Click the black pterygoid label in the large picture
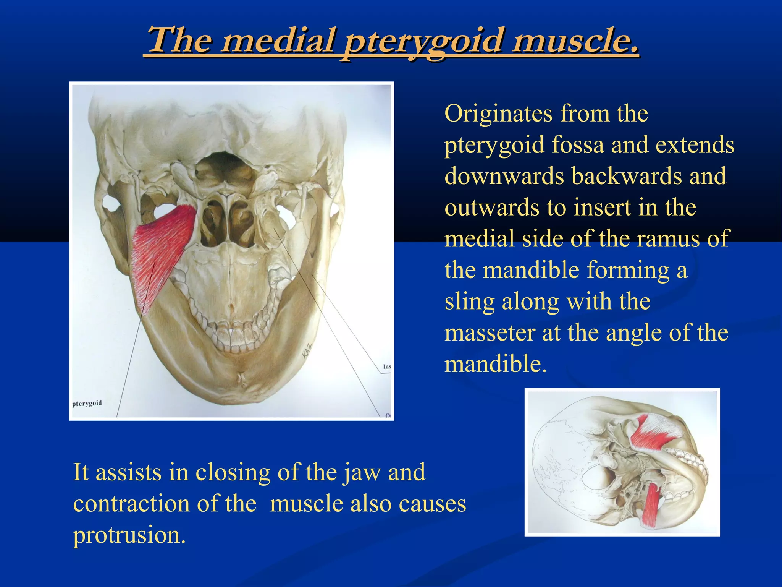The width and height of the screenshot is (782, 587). tap(87, 403)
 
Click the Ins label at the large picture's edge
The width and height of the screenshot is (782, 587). tap(386, 366)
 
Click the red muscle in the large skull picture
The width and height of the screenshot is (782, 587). tap(160, 252)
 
